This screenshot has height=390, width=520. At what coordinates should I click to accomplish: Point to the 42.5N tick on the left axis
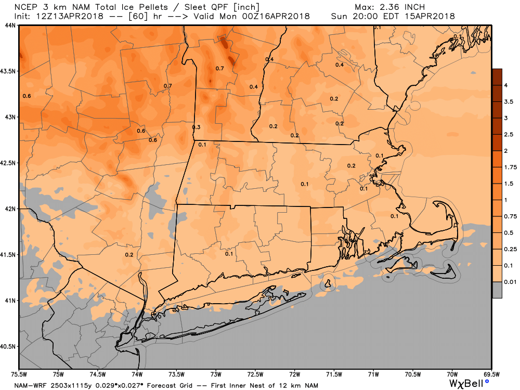point(9,163)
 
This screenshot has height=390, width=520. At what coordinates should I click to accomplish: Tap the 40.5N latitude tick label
point(9,346)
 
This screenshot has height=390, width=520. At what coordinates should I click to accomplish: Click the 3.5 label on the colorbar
point(509,102)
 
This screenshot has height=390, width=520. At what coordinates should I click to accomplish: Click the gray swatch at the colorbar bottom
point(497,290)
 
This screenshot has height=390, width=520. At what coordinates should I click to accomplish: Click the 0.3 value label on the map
point(197,127)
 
